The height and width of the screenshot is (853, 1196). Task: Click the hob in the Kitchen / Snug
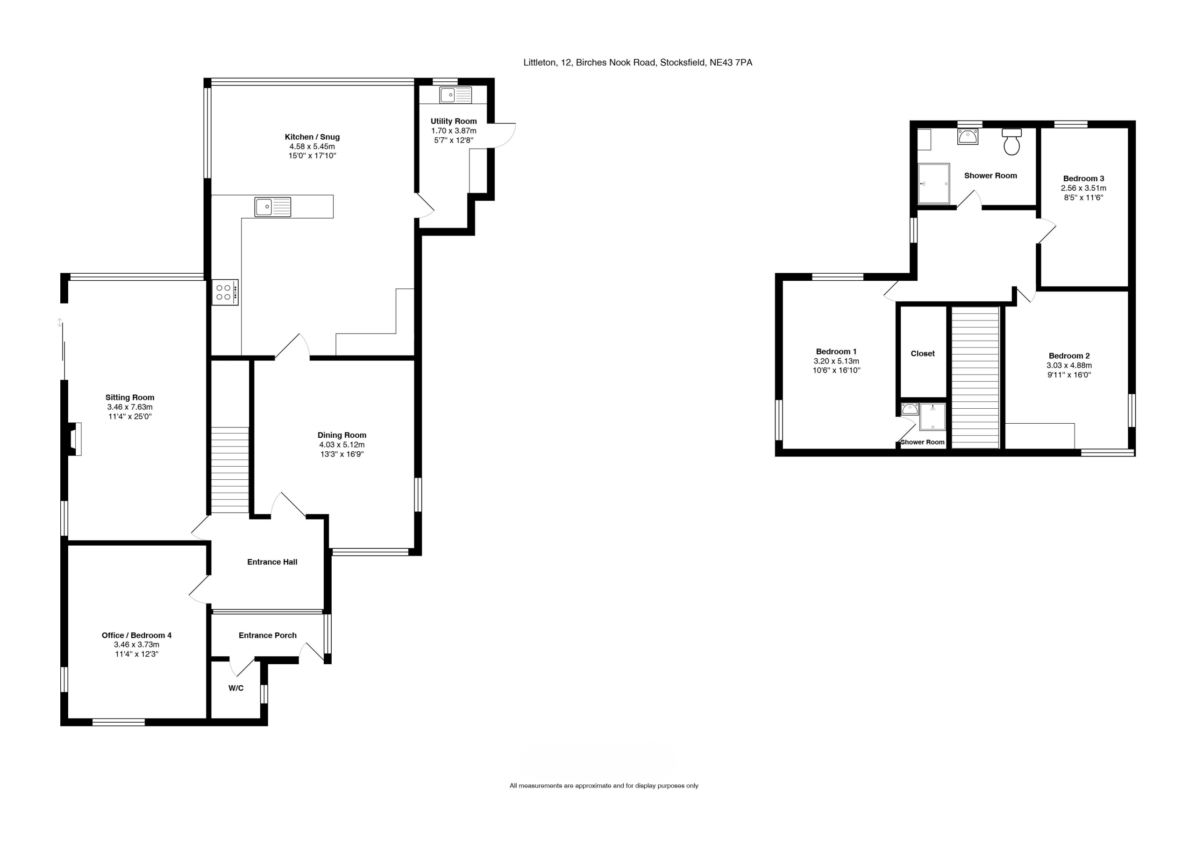pos(225,292)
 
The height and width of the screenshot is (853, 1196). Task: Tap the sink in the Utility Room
pos(456,95)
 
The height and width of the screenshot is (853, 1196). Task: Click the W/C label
pos(236,688)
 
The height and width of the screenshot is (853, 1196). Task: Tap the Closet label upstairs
pos(922,354)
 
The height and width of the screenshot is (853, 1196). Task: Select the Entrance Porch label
pos(267,635)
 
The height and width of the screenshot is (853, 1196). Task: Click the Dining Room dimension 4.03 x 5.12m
pos(342,444)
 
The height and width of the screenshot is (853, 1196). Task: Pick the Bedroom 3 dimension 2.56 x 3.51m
pos(1083,188)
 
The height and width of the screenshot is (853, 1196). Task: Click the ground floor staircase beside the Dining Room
pos(229,469)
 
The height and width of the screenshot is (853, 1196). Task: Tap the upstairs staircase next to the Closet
pos(975,377)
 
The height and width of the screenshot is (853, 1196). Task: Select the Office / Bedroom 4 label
pos(136,635)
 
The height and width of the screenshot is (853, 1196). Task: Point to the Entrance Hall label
pos(272,562)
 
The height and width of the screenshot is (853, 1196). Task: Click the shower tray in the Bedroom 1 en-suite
pos(933,417)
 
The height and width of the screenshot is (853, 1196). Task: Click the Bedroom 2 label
pos(1069,355)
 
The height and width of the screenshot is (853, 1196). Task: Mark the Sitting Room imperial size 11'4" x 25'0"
pos(130,417)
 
